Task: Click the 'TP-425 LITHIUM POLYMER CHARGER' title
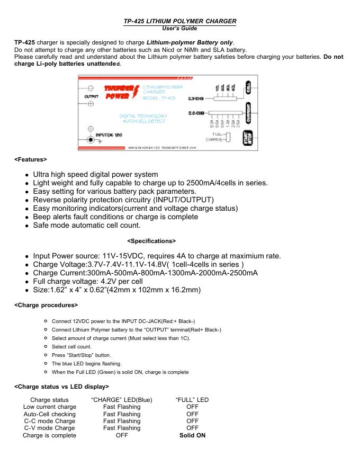pyautogui.click(x=180, y=21)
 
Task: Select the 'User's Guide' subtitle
pyautogui.click(x=180, y=28)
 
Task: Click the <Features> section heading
pyautogui.click(x=31, y=159)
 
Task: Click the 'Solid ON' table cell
pyautogui.click(x=192, y=435)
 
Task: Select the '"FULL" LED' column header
pyautogui.click(x=192, y=399)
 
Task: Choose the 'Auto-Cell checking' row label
pyautogui.click(x=50, y=414)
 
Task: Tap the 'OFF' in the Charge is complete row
pyautogui.click(x=122, y=435)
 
